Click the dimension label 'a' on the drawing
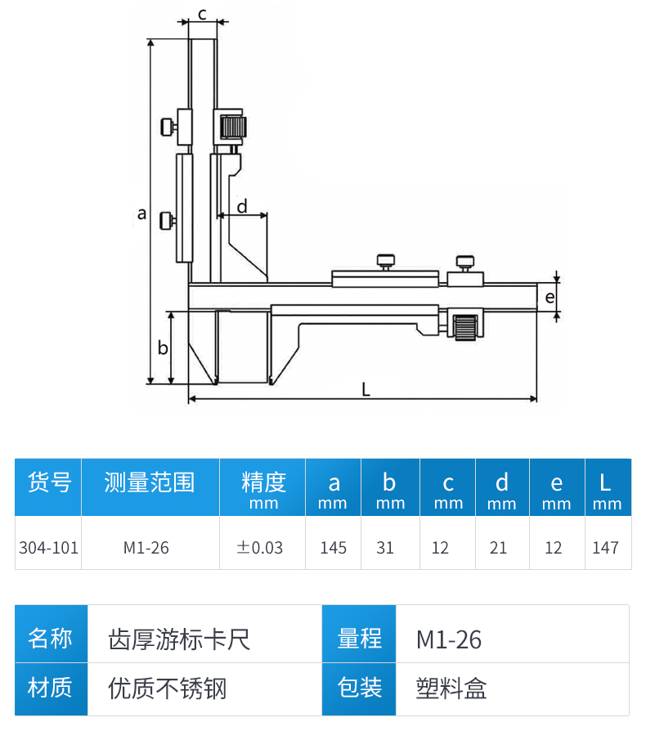141,213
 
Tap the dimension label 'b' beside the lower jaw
162,348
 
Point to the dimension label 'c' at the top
202,13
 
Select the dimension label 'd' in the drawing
242,206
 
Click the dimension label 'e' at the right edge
550,297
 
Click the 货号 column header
49,482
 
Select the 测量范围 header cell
149,482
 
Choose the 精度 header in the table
263,482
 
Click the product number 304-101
49,547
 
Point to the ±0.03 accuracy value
260,547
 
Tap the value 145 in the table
334,547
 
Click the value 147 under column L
605,547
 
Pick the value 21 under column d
499,547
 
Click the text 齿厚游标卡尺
179,639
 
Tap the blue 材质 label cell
50,688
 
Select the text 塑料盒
451,688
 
